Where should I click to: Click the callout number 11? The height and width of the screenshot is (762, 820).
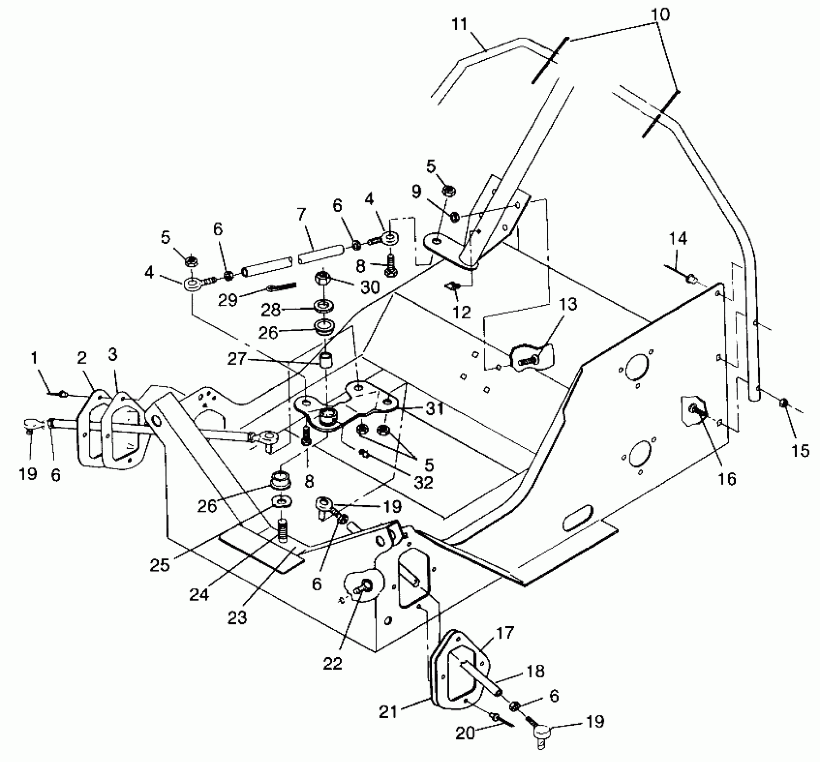tap(460, 24)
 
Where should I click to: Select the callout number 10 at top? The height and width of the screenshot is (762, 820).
tap(660, 14)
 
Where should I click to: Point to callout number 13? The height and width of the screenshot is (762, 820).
tap(568, 305)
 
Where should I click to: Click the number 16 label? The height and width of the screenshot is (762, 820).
tap(727, 479)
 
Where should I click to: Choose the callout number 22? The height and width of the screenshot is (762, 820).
tap(332, 663)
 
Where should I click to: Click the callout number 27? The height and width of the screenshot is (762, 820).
tap(237, 359)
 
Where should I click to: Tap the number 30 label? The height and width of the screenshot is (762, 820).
tap(370, 287)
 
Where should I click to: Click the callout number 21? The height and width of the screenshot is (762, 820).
tap(388, 712)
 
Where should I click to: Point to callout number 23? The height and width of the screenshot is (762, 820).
tap(237, 617)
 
